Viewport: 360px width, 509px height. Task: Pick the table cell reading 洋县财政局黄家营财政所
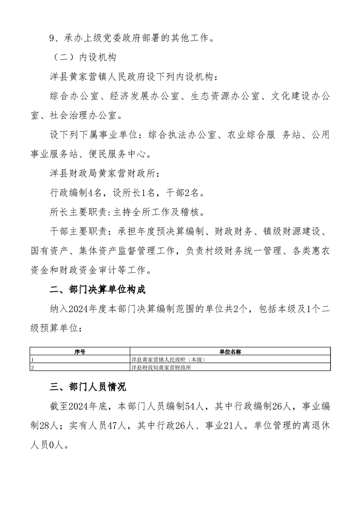point(161,367)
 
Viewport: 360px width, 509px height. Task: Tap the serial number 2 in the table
point(32,367)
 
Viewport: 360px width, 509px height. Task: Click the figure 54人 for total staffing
point(193,406)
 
